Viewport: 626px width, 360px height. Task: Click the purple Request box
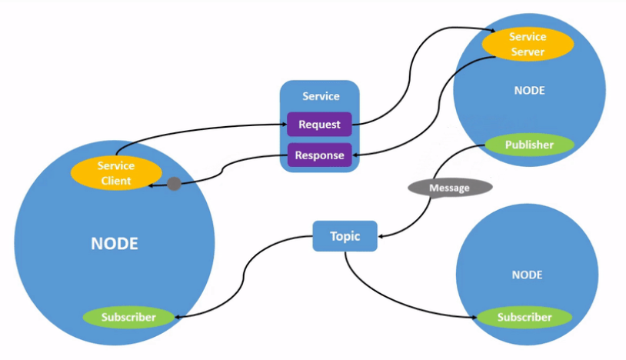pyautogui.click(x=319, y=125)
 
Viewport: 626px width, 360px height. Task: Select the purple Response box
pyautogui.click(x=319, y=155)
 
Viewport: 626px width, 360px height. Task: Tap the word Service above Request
pyautogui.click(x=321, y=96)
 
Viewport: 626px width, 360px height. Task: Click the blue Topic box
pyautogui.click(x=345, y=236)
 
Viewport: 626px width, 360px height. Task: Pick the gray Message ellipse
pyautogui.click(x=449, y=188)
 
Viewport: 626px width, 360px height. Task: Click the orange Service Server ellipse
pyautogui.click(x=528, y=45)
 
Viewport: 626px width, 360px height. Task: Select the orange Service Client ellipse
pyautogui.click(x=115, y=173)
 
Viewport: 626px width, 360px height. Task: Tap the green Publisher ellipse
pyautogui.click(x=529, y=145)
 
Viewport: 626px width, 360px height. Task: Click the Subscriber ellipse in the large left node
pyautogui.click(x=128, y=317)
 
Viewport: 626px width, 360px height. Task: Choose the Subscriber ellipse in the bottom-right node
pyautogui.click(x=524, y=317)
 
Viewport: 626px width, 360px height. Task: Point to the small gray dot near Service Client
pyautogui.click(x=174, y=185)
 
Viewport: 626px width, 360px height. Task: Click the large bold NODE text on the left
pyautogui.click(x=115, y=244)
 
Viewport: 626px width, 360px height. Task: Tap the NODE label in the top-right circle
pyautogui.click(x=529, y=90)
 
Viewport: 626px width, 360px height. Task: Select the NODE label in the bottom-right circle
pyautogui.click(x=527, y=275)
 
